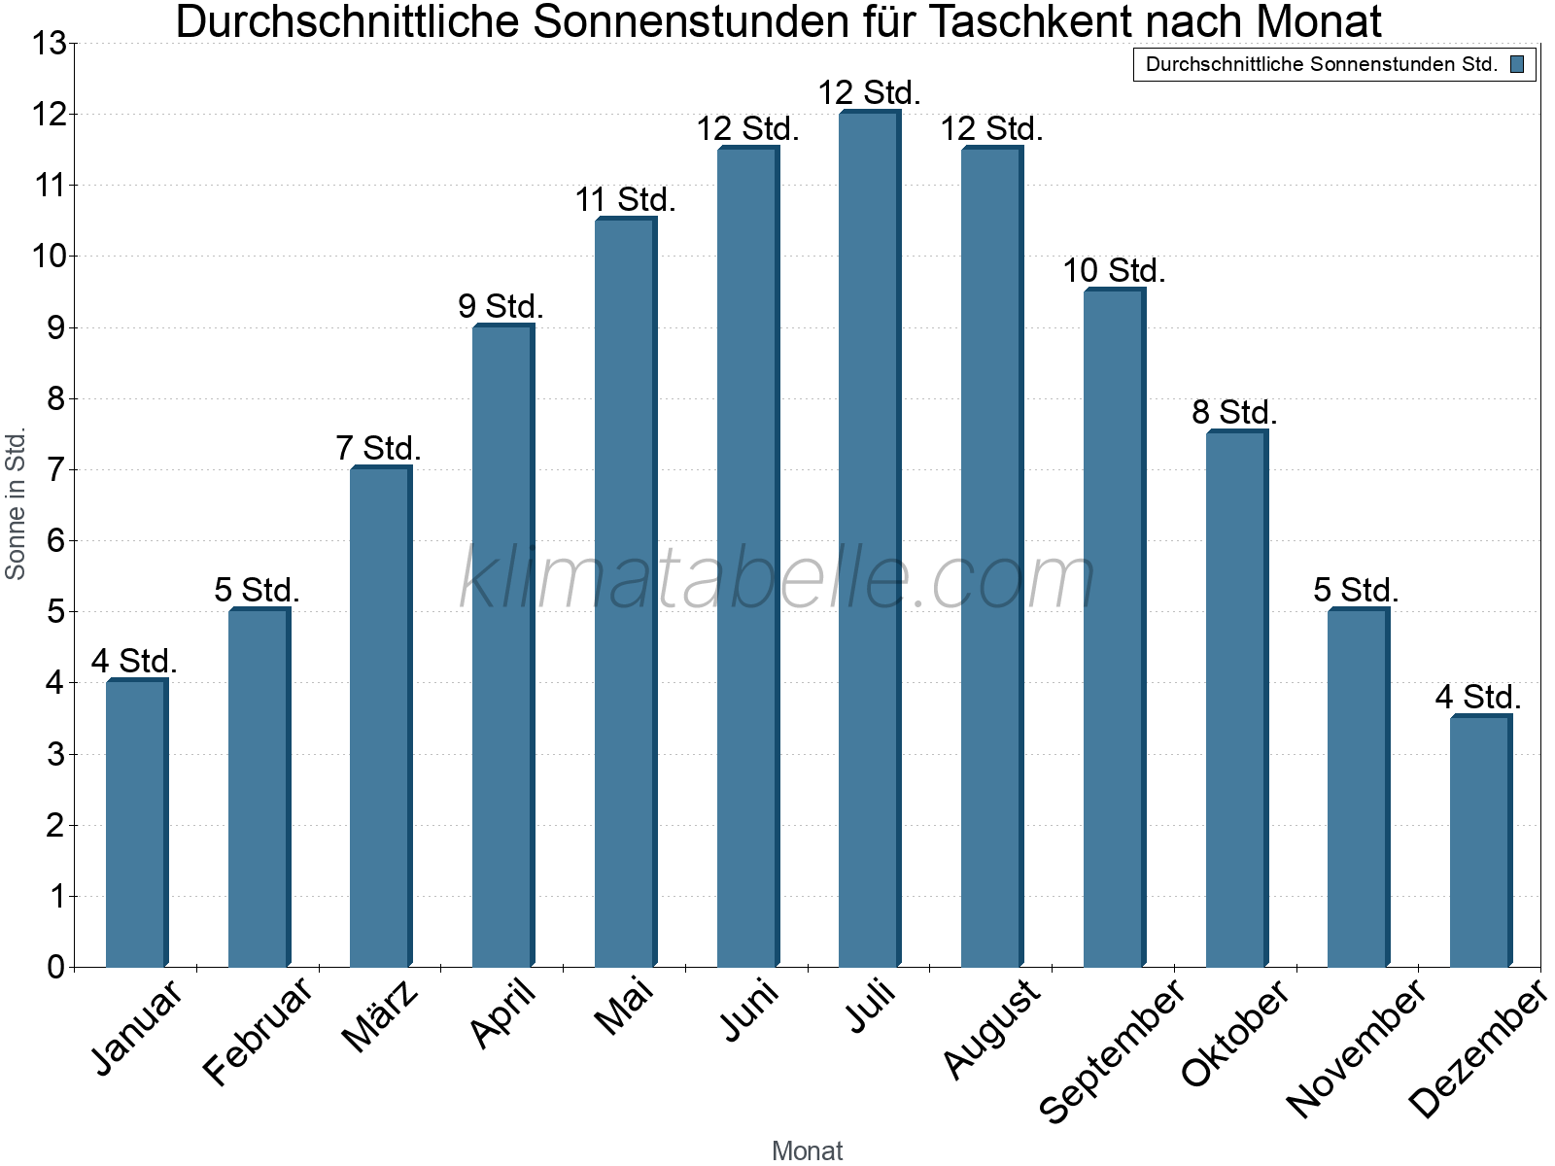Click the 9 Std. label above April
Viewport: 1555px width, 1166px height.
(x=501, y=306)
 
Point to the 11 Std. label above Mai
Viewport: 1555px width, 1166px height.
(x=625, y=200)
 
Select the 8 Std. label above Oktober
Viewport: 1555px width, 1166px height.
(x=1234, y=412)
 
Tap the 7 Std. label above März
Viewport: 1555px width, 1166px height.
(x=378, y=448)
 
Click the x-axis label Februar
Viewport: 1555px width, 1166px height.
(x=258, y=1030)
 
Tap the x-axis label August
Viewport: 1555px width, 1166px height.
(x=992, y=1028)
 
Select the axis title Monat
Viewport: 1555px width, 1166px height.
(x=807, y=1150)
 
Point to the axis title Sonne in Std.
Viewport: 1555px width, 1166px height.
(x=16, y=504)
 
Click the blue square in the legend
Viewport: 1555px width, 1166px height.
(x=1516, y=65)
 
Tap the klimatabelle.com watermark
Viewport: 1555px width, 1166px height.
(x=777, y=578)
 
